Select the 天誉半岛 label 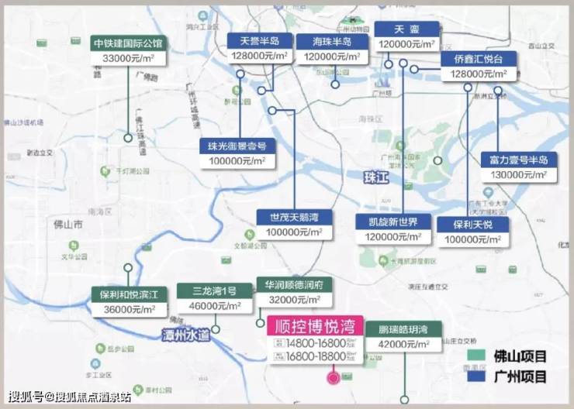pyautogui.click(x=259, y=41)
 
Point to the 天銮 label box pyautogui.click(x=406, y=29)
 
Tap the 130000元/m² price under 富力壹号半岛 pyautogui.click(x=518, y=175)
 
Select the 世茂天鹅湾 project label pyautogui.click(x=293, y=217)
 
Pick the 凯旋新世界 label pyautogui.click(x=392, y=222)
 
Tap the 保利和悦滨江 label pyautogui.click(x=129, y=294)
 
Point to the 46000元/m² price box pyautogui.click(x=213, y=307)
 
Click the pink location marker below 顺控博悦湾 pyautogui.click(x=334, y=378)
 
